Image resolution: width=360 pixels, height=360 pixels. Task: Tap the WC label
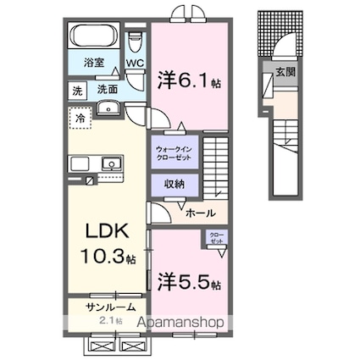[x=135, y=63]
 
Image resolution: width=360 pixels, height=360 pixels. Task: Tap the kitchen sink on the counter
[x=109, y=163]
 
